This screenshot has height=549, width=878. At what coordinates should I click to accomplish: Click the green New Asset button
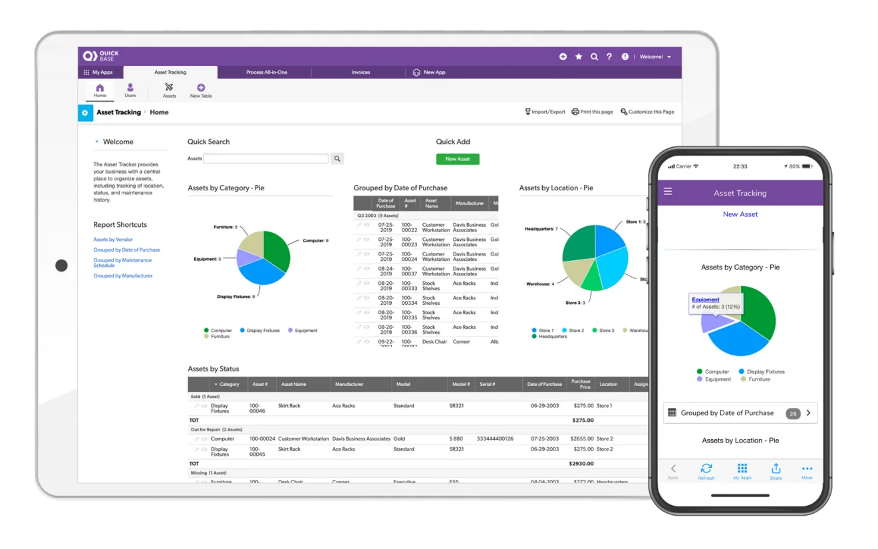[458, 159]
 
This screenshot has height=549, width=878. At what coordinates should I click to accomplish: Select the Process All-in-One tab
[266, 73]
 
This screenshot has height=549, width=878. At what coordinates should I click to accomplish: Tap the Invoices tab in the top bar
[361, 73]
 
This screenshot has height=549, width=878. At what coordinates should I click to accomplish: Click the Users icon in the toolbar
[130, 90]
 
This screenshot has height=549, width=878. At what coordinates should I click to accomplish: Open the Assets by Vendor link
[113, 240]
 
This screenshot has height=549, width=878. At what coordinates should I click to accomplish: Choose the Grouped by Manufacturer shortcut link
[123, 275]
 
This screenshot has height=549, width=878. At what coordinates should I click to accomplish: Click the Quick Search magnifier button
[338, 158]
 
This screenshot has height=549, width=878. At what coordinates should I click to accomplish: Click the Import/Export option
[545, 112]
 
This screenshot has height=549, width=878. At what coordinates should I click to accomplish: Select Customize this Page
[647, 112]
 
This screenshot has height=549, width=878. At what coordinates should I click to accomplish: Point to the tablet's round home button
[61, 266]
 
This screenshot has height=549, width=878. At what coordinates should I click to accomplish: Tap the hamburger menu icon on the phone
[668, 192]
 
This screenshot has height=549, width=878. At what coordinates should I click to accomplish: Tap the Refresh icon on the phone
[706, 470]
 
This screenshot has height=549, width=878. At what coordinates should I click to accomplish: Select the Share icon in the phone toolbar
[776, 470]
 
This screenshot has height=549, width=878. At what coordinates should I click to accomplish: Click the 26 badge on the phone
[792, 413]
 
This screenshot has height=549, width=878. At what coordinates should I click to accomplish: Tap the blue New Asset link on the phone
[740, 214]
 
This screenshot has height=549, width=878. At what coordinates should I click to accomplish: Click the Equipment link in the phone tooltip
[705, 299]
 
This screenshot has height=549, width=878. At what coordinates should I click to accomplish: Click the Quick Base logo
[100, 57]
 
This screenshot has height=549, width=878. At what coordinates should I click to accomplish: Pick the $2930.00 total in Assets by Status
[582, 463]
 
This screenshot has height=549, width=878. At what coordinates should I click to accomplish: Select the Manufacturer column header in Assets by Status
[349, 384]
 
